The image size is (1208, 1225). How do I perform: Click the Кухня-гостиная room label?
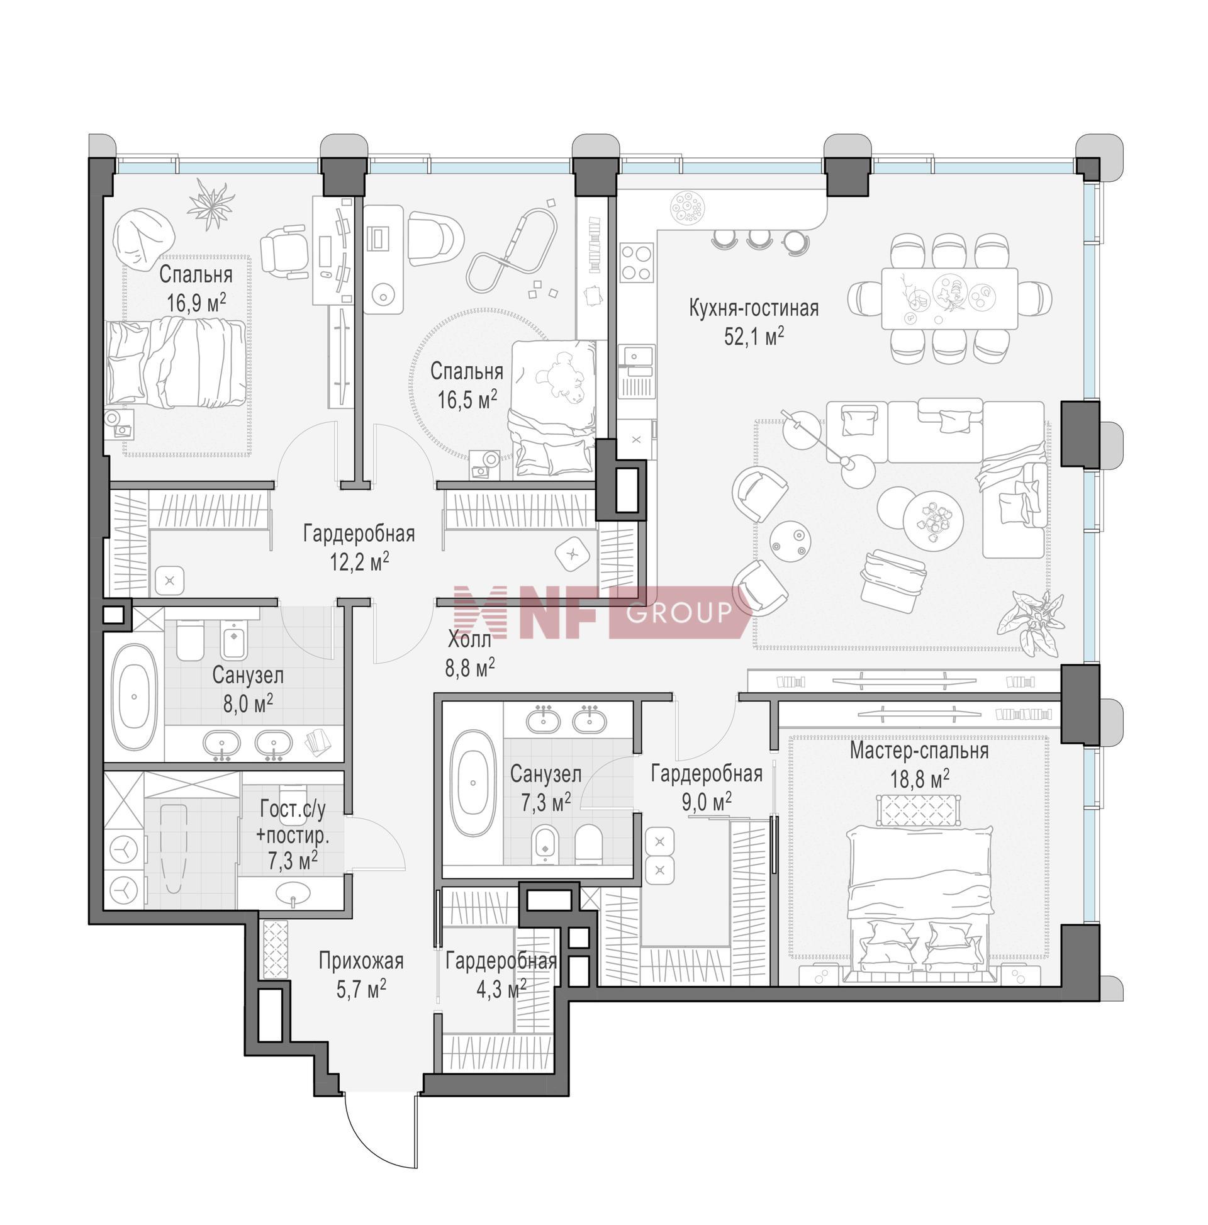(753, 309)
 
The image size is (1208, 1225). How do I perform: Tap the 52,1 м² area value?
(754, 336)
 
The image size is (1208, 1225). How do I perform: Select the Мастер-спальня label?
(919, 751)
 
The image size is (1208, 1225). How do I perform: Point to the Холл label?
(469, 640)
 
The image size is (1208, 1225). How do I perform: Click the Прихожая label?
(361, 961)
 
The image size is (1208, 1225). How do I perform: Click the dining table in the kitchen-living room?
(949, 298)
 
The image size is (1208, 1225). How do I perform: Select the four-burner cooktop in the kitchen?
(636, 262)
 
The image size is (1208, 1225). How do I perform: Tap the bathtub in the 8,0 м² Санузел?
(134, 696)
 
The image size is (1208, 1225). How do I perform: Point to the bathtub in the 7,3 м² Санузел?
(473, 783)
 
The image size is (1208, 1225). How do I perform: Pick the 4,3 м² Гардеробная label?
(500, 974)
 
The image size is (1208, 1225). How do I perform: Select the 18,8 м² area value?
(919, 778)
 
